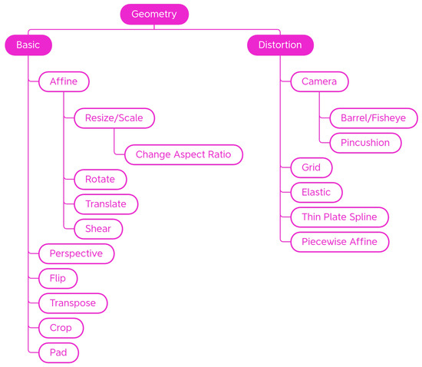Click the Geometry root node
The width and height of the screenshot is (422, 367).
[154, 14]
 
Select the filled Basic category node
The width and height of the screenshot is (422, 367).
[28, 45]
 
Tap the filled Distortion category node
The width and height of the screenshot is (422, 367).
[280, 45]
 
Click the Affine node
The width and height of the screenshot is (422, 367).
[64, 81]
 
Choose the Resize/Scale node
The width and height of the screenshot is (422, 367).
[114, 118]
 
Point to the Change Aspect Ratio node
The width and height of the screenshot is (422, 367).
[183, 154]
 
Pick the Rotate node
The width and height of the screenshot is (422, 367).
[100, 179]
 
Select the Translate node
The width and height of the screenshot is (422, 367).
[106, 203]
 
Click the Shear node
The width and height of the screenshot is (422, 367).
[98, 229]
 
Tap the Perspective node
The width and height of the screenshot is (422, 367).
[77, 253]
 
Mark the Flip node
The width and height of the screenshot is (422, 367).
[58, 278]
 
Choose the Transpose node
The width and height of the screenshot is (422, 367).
[73, 303]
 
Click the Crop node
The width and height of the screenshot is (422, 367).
[61, 328]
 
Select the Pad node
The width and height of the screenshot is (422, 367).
[59, 352]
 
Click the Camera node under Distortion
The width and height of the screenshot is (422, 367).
[319, 81]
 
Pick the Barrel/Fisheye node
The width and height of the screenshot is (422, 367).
[374, 118]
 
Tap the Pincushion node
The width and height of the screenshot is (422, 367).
[365, 143]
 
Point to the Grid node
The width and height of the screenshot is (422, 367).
[311, 167]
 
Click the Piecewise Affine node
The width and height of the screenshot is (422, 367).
[340, 242]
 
